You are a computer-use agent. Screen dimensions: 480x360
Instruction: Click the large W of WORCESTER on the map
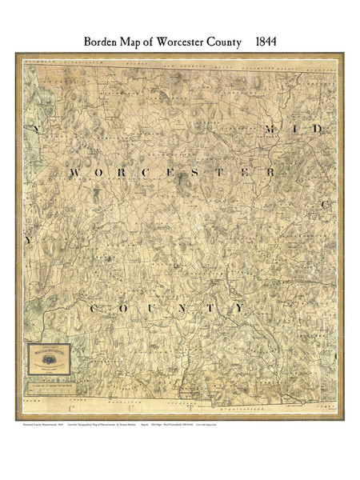point(78,174)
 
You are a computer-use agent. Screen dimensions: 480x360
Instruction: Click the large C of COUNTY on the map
point(97,309)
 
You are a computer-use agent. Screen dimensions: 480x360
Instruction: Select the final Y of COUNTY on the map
point(238,308)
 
